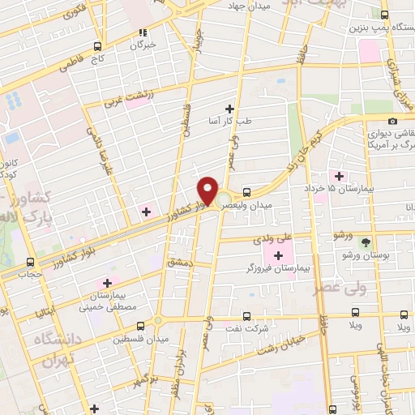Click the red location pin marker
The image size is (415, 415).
point(208,191)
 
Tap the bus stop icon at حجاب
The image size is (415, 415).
point(30,262)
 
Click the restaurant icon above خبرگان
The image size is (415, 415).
point(143,33)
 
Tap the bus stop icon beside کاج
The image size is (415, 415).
point(98,46)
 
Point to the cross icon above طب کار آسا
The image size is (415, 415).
point(229,108)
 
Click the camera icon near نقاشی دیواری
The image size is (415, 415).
point(393,122)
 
